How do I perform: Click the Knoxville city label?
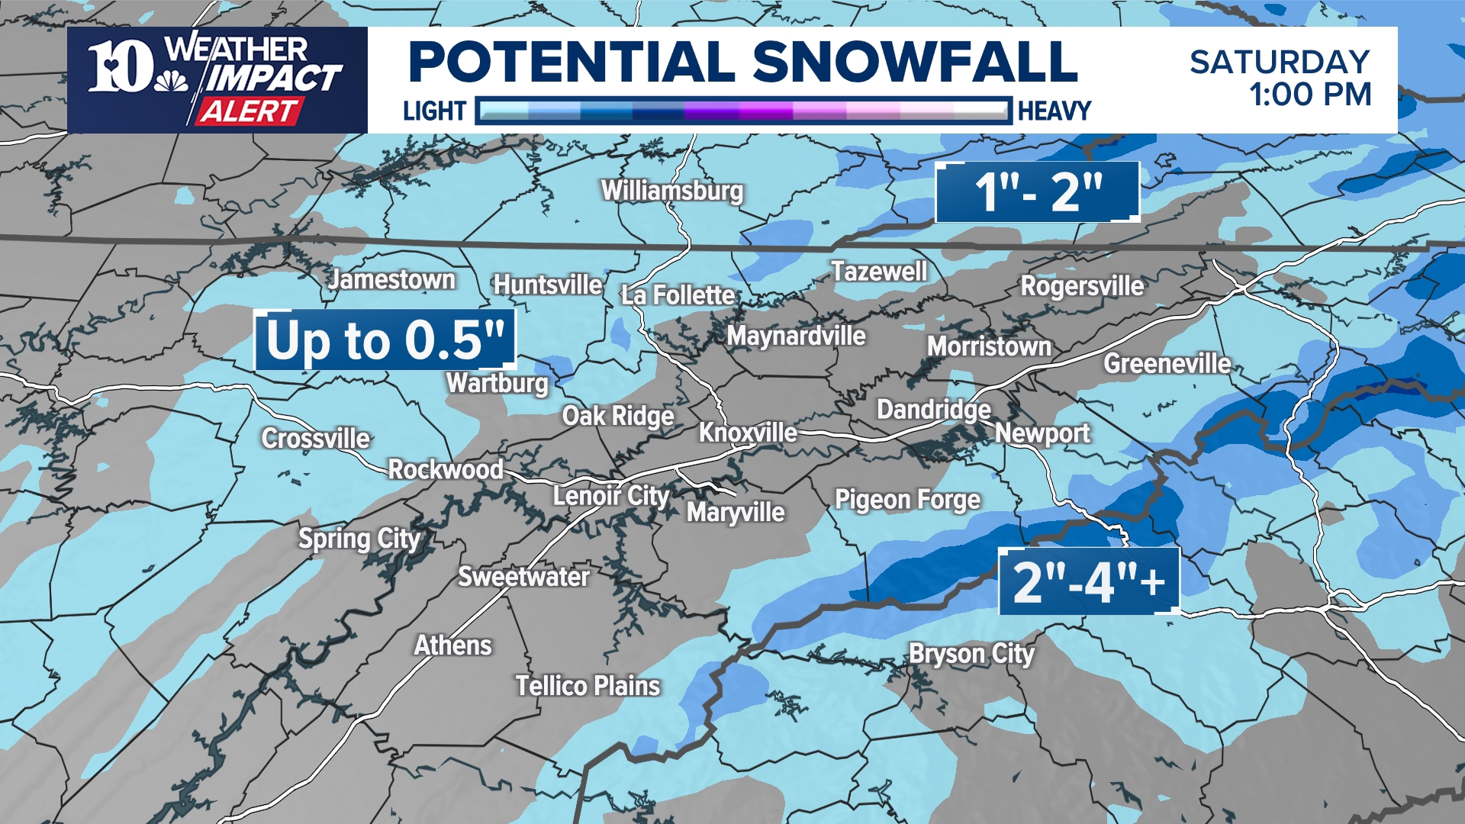pyautogui.click(x=748, y=433)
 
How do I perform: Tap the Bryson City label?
pyautogui.click(x=971, y=654)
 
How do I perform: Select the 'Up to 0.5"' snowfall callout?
pyautogui.click(x=385, y=340)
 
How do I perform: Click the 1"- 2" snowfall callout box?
pyautogui.click(x=1038, y=192)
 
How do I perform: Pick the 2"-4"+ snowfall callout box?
pyautogui.click(x=1089, y=581)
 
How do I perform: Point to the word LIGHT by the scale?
pyautogui.click(x=434, y=111)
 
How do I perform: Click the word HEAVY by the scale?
pyautogui.click(x=1054, y=111)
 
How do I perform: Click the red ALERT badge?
pyautogui.click(x=249, y=112)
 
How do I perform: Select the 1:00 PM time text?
pyautogui.click(x=1310, y=95)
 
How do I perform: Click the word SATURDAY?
pyautogui.click(x=1280, y=62)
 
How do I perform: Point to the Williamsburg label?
pyautogui.click(x=671, y=191)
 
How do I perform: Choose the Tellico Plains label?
pyautogui.click(x=588, y=686)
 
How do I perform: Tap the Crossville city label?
pyautogui.click(x=316, y=439)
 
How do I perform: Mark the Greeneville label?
pyautogui.click(x=1167, y=364)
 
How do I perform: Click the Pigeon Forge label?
pyautogui.click(x=907, y=500)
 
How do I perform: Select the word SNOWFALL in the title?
pyautogui.click(x=915, y=62)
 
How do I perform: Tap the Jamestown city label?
pyautogui.click(x=392, y=280)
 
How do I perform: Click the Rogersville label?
pyautogui.click(x=1082, y=286)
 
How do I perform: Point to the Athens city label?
pyautogui.click(x=453, y=646)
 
